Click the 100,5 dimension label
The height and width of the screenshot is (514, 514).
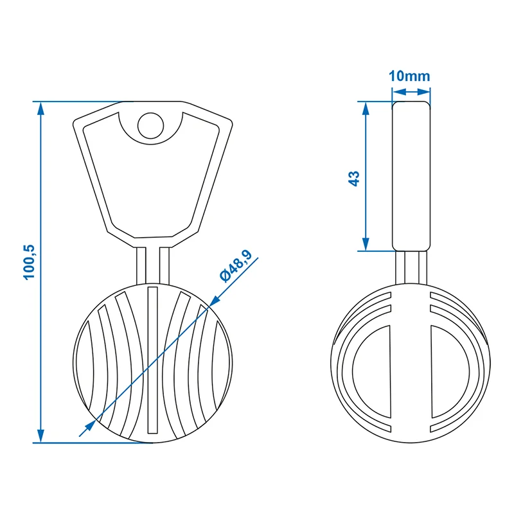pos(29,262)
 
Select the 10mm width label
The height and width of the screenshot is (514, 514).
pos(409,76)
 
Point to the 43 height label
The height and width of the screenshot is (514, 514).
pos(354,179)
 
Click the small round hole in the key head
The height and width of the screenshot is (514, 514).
pos(150,125)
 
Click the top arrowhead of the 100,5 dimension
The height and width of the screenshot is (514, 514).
pos(40,108)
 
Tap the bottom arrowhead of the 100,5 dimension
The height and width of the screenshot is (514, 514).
pos(40,436)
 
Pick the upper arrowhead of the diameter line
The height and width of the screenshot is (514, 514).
pos(215,300)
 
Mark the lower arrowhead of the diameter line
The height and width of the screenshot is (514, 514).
pos(90,426)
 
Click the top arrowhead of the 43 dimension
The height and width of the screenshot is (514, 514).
pos(366,108)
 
